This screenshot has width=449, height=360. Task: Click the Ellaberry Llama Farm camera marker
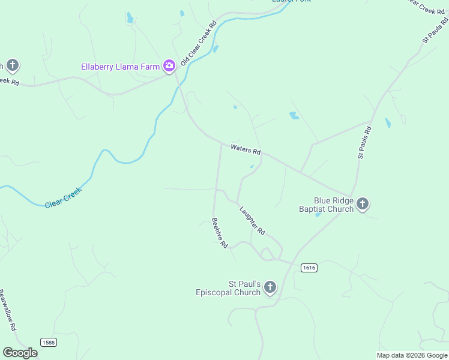pyautogui.click(x=169, y=66)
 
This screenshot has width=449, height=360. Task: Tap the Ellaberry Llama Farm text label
pyautogui.click(x=121, y=66)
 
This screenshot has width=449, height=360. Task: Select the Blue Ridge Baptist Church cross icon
pyautogui.click(x=363, y=205)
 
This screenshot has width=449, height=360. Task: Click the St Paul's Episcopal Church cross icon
pyautogui.click(x=270, y=288)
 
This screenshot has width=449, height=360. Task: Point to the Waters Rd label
pyautogui.click(x=246, y=149)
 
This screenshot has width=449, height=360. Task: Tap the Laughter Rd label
pyautogui.click(x=252, y=220)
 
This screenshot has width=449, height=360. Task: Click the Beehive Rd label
pyautogui.click(x=220, y=233)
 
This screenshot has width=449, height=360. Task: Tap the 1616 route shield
pyautogui.click(x=309, y=268)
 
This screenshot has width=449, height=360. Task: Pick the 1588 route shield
pyautogui.click(x=49, y=342)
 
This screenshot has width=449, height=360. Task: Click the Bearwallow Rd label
pyautogui.click(x=8, y=311)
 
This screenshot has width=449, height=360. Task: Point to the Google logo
pyautogui.click(x=20, y=353)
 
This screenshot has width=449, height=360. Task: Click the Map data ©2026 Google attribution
pyautogui.click(x=412, y=355)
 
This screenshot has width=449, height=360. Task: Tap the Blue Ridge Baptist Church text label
pyautogui.click(x=327, y=205)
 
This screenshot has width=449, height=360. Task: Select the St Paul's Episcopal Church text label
pyautogui.click(x=228, y=288)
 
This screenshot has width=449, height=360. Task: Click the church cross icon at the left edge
pyautogui.click(x=13, y=65)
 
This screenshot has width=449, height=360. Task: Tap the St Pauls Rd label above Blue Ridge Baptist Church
pyautogui.click(x=364, y=142)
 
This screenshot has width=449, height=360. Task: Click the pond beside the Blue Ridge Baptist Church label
pyautogui.click(x=318, y=215)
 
